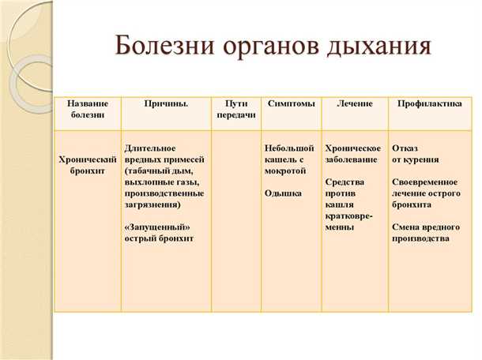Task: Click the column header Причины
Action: click(166, 103)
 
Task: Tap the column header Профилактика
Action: click(430, 103)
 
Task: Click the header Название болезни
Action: click(87, 109)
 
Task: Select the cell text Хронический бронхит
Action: click(88, 164)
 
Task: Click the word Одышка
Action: click(281, 193)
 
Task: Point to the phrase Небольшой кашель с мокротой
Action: click(287, 159)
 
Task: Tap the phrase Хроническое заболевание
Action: click(353, 153)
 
